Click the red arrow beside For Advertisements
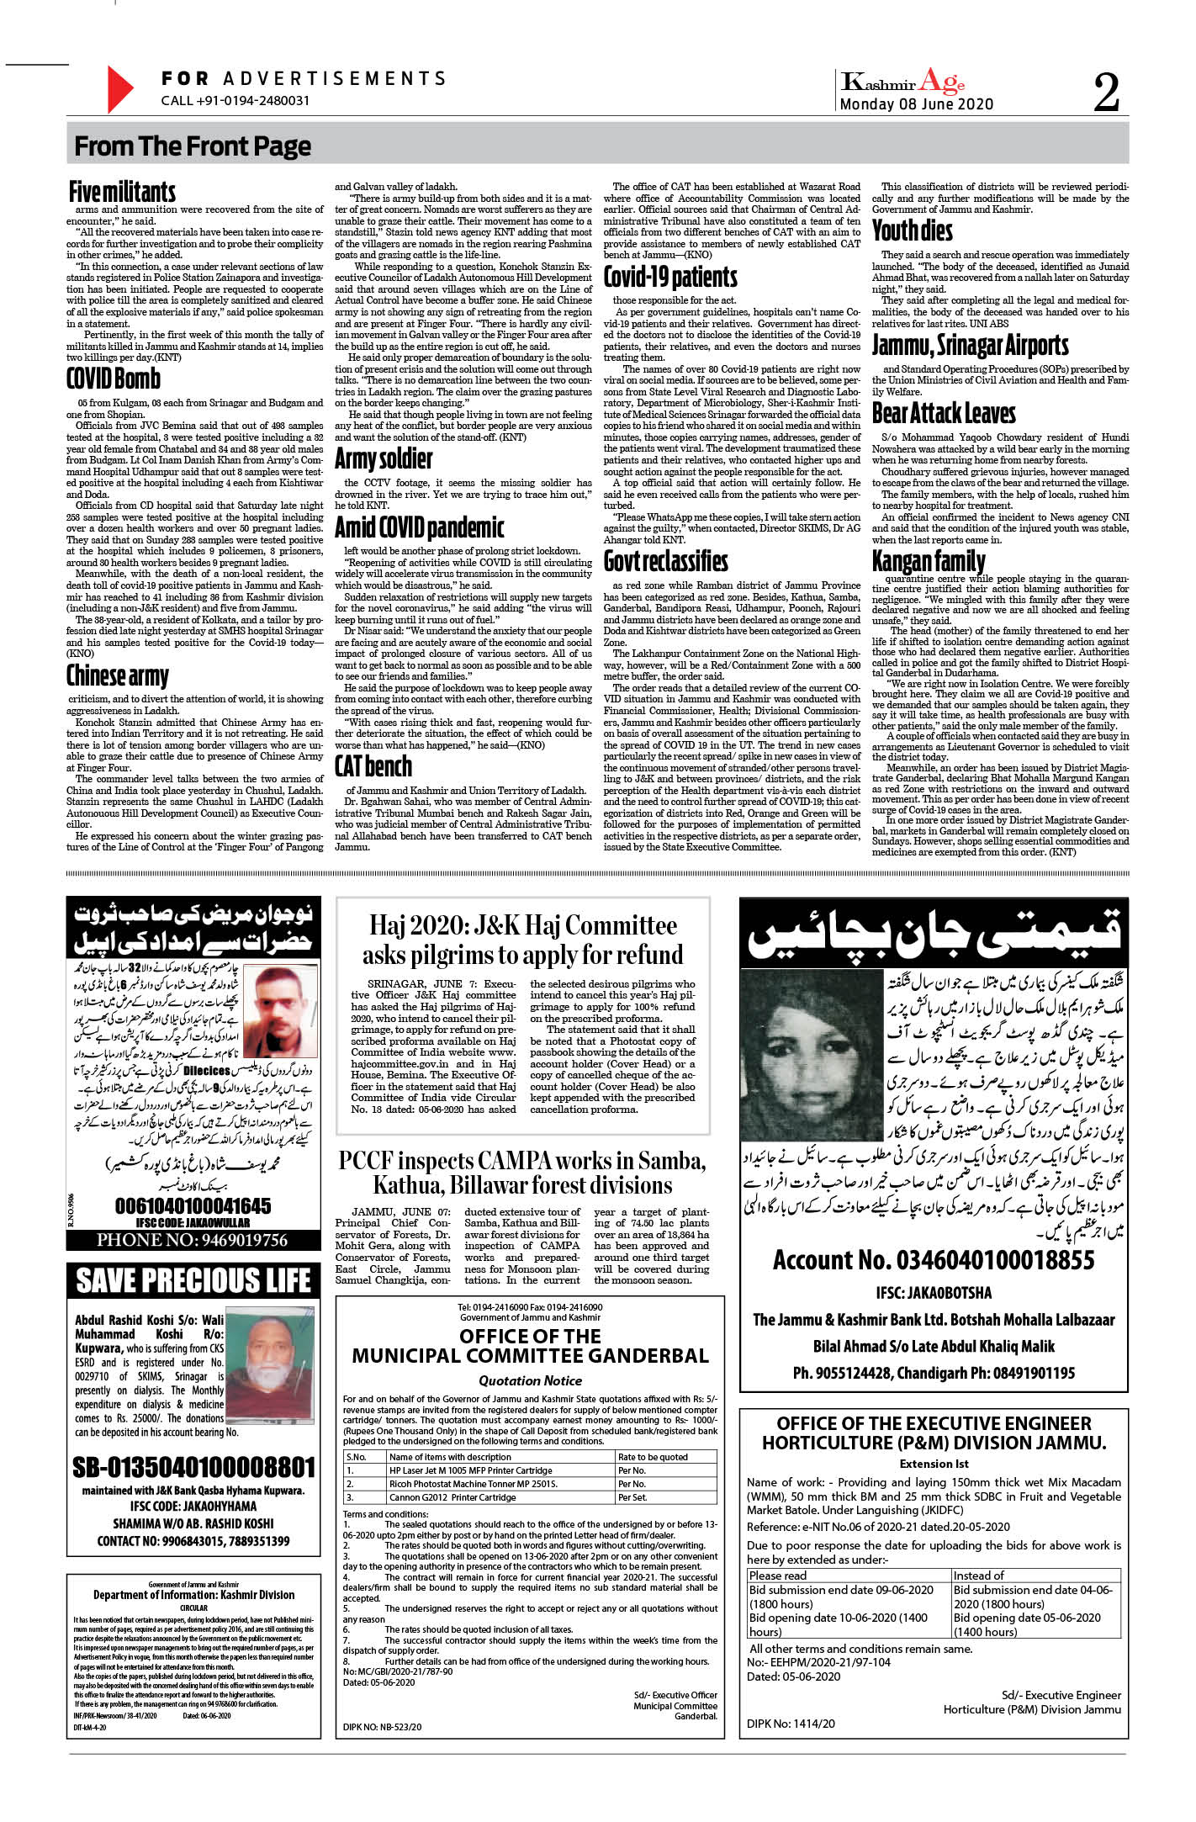click(119, 88)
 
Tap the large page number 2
click(1107, 92)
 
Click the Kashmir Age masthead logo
click(903, 82)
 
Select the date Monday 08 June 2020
click(916, 104)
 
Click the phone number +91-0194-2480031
click(235, 100)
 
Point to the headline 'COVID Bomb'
click(114, 379)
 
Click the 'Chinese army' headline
click(118, 675)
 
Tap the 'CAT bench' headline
click(373, 766)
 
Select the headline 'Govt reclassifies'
click(665, 561)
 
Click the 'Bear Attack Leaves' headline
click(944, 413)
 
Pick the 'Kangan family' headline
click(929, 560)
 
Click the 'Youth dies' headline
click(913, 230)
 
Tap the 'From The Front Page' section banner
click(193, 146)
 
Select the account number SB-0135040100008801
click(193, 1467)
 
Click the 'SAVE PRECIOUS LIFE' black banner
click(193, 1280)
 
